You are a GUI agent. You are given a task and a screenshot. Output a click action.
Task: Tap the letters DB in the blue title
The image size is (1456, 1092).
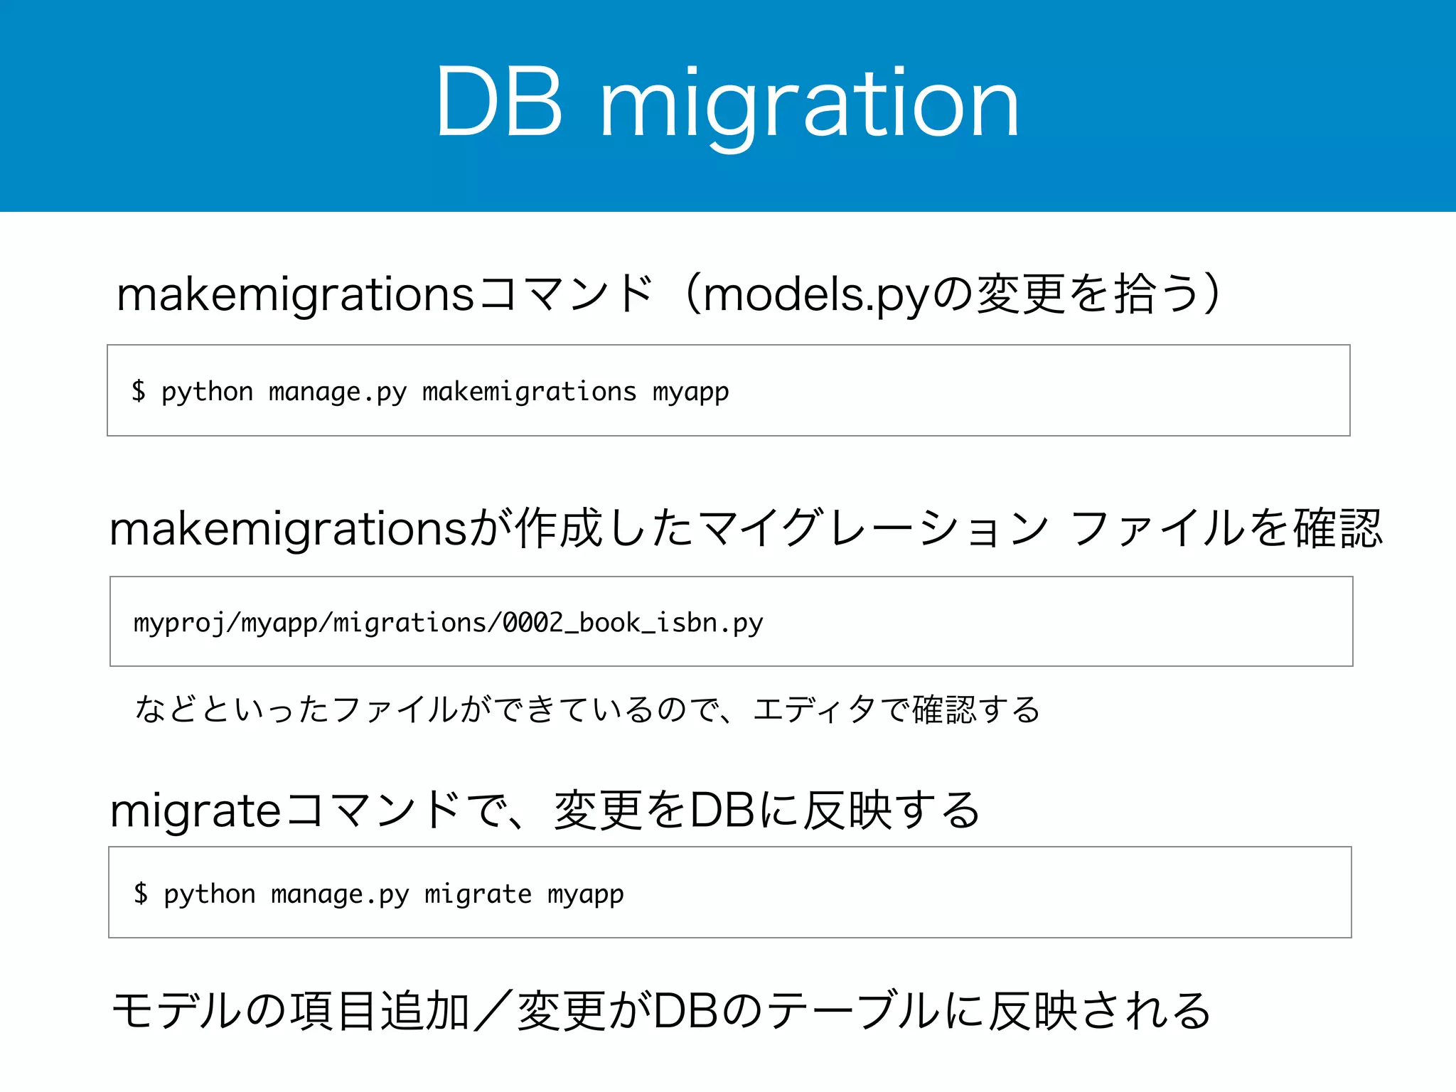point(500,103)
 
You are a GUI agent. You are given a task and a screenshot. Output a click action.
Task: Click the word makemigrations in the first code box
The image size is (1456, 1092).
point(529,392)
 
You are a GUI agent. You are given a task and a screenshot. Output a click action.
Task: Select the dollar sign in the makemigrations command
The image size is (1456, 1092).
point(139,391)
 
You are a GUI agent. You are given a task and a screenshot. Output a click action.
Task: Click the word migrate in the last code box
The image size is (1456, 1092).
point(478,894)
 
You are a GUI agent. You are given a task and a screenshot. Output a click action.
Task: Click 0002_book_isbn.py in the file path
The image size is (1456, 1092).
point(632,623)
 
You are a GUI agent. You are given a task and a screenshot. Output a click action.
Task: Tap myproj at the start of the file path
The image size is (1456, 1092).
point(178,624)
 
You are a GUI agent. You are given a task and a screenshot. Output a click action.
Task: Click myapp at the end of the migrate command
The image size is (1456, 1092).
point(585,895)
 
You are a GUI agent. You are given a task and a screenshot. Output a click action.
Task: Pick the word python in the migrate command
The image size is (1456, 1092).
point(209,894)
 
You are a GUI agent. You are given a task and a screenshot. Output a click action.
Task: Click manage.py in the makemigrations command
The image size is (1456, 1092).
point(338,392)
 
